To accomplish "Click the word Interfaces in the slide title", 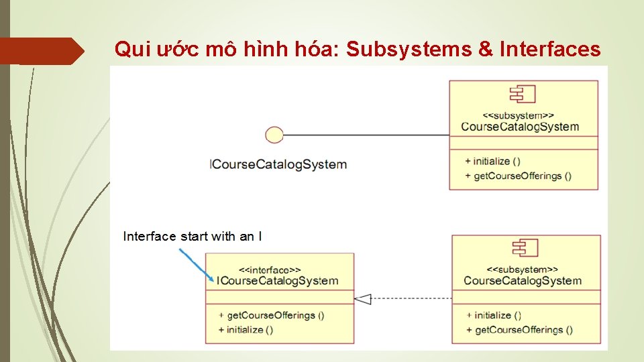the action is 550,49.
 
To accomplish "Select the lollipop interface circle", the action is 274,135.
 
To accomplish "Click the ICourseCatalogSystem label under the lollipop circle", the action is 278,164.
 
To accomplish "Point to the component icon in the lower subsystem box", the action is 525,248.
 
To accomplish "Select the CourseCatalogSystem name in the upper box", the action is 520,127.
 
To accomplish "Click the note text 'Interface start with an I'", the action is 193,236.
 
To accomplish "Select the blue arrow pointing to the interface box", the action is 197,265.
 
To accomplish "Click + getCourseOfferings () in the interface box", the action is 271,315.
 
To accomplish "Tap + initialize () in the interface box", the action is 246,330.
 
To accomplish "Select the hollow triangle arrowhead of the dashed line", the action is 363,298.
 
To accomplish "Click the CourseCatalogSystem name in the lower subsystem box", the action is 523,280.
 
